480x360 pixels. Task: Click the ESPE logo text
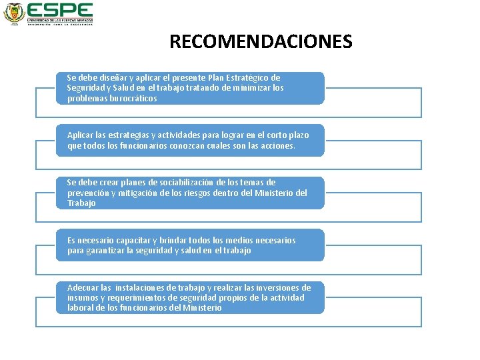click(59, 10)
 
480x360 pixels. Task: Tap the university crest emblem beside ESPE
click(13, 13)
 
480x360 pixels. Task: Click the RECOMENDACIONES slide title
click(261, 42)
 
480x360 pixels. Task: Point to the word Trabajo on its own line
click(81, 203)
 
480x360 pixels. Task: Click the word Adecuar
click(83, 287)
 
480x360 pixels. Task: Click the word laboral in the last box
click(81, 308)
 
